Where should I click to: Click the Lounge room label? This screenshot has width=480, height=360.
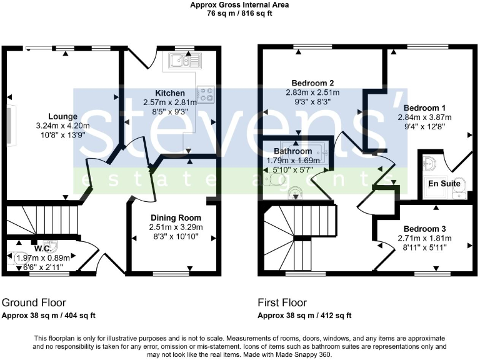[x=62, y=116]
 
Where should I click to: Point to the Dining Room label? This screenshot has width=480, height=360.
[x=171, y=217]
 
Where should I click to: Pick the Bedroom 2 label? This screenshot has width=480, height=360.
[x=312, y=82]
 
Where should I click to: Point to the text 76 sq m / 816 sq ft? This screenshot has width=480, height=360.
[x=239, y=12]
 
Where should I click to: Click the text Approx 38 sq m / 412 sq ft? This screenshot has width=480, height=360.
[x=304, y=316]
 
